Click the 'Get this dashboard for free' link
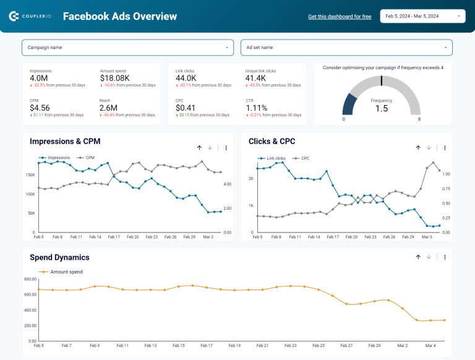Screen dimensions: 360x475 [x=340, y=17]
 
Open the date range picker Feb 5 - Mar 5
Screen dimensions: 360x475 [x=423, y=16]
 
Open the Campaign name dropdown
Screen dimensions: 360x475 [x=128, y=48]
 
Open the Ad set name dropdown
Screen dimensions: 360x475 [x=346, y=48]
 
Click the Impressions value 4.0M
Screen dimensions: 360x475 [x=39, y=78]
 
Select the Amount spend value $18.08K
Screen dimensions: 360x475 [x=114, y=78]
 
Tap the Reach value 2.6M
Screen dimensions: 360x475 [x=109, y=108]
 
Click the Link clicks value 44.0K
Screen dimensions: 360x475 [x=186, y=78]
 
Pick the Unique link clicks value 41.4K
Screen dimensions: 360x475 [x=255, y=78]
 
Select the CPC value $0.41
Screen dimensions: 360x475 [x=186, y=108]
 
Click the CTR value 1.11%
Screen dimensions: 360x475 [x=256, y=108]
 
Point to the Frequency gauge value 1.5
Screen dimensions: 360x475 [x=382, y=108]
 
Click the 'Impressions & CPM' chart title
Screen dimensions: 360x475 [x=65, y=142]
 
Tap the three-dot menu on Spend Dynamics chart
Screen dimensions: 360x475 [x=445, y=257]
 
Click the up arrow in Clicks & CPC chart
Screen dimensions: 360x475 [x=418, y=148]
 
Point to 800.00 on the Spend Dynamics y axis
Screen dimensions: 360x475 [x=28, y=279]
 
